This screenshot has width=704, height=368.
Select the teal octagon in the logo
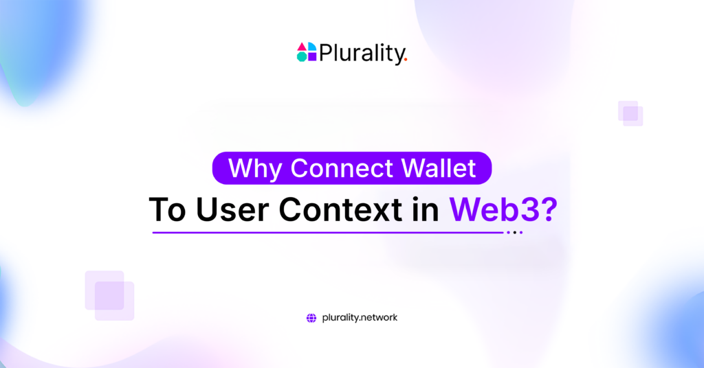tap(302, 57)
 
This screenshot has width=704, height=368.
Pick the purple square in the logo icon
tap(311, 57)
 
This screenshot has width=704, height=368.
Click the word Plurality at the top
tap(360, 53)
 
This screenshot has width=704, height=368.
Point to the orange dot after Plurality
tap(406, 60)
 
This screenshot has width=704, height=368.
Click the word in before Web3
tap(430, 209)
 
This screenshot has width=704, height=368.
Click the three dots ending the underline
tap(514, 233)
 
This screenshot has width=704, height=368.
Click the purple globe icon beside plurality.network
tap(311, 318)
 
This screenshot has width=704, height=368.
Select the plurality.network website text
tap(360, 318)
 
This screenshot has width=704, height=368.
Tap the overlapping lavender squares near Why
tap(109, 295)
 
